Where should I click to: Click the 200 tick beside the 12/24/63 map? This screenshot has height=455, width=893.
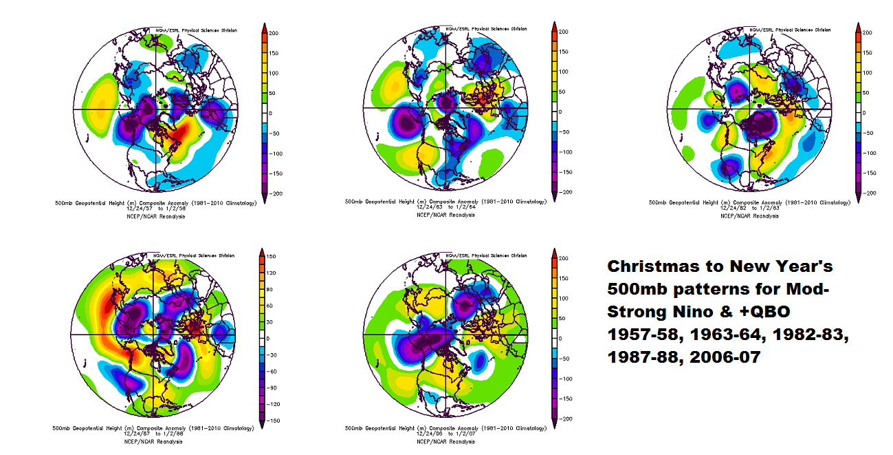(564, 32)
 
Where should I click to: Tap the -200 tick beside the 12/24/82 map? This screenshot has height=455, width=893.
(868, 193)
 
